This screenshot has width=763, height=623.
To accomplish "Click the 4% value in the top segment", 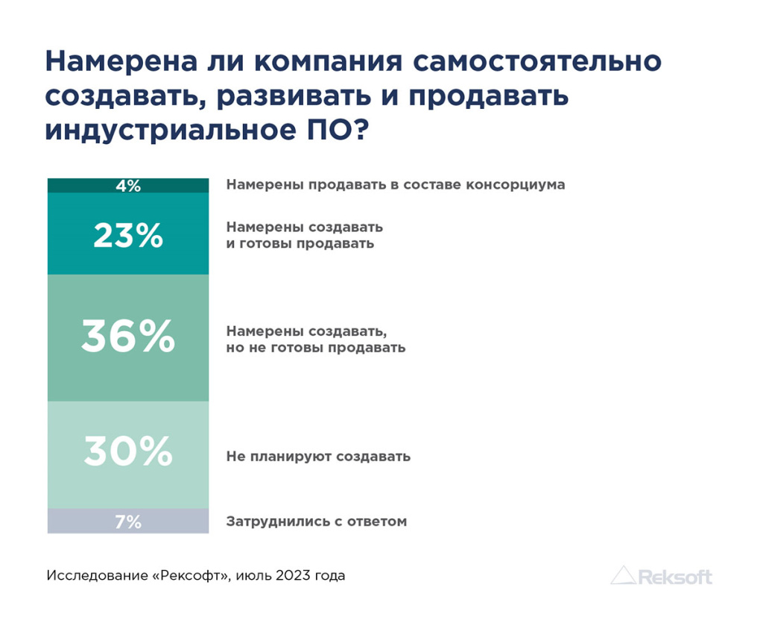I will coord(128,186).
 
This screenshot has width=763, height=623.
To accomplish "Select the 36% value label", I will coord(128,337).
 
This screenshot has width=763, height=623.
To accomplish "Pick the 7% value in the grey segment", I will coord(128,522).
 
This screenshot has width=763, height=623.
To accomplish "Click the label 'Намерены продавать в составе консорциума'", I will coord(396,185).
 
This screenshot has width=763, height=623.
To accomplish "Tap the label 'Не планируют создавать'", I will coord(318,456).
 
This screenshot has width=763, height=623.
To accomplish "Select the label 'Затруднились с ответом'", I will coord(317,522).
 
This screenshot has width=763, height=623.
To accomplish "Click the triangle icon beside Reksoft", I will coord(623,575).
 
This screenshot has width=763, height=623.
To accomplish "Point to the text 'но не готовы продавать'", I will coord(316,348).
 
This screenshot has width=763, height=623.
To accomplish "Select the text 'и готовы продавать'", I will coord(300,243).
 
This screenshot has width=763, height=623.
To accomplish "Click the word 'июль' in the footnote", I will coord(255,576).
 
